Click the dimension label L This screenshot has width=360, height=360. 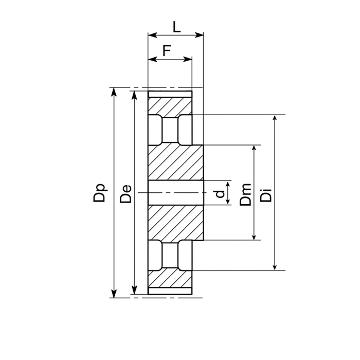(x=176, y=27)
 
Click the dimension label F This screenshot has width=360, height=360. (x=167, y=50)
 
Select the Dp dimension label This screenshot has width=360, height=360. (x=100, y=193)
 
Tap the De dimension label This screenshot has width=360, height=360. (x=126, y=193)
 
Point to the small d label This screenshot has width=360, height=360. (x=220, y=194)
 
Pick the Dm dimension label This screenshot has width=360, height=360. (x=245, y=194)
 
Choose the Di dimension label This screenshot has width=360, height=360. (x=266, y=195)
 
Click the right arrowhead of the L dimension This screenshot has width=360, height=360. (x=199, y=35)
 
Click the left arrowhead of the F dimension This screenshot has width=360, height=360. (x=153, y=60)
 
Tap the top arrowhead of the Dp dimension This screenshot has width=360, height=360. (x=114, y=92)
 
